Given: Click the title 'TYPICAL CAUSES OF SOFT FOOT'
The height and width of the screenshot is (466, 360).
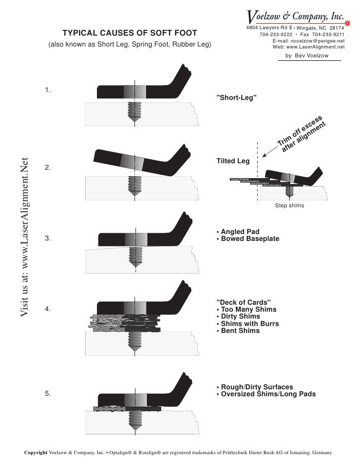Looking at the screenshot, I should (x=129, y=33).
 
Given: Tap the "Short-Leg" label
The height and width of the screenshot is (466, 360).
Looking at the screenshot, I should (x=237, y=97).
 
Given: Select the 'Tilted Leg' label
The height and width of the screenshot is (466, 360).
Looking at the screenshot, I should (x=233, y=161).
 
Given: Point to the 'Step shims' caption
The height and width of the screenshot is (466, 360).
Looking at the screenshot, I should (x=289, y=205).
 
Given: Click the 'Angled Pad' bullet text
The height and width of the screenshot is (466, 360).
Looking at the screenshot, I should (x=239, y=232).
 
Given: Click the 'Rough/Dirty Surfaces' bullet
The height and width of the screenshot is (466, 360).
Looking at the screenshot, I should (x=256, y=387).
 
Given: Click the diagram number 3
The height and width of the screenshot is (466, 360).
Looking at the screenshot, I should (x=48, y=238).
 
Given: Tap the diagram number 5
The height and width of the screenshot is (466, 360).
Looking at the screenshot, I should (x=48, y=394).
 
